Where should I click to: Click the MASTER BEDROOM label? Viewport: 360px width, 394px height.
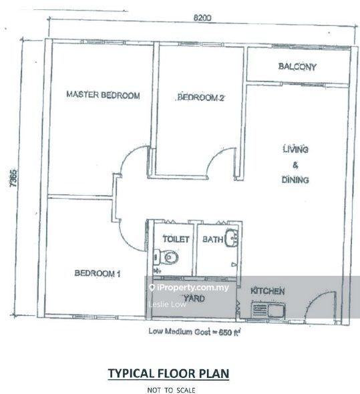[102, 95]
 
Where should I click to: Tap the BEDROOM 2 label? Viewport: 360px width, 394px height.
[200, 98]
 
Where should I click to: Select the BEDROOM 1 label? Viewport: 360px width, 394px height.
[97, 272]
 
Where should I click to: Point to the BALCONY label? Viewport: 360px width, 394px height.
[297, 67]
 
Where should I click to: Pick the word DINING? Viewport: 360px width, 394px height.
[295, 180]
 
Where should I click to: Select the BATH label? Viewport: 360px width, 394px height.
[212, 239]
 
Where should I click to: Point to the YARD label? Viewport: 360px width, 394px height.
[194, 299]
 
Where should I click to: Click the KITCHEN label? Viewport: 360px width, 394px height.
[268, 291]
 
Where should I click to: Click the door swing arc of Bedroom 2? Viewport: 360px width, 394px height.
[217, 160]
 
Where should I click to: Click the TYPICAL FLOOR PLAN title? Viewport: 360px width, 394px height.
[168, 374]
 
